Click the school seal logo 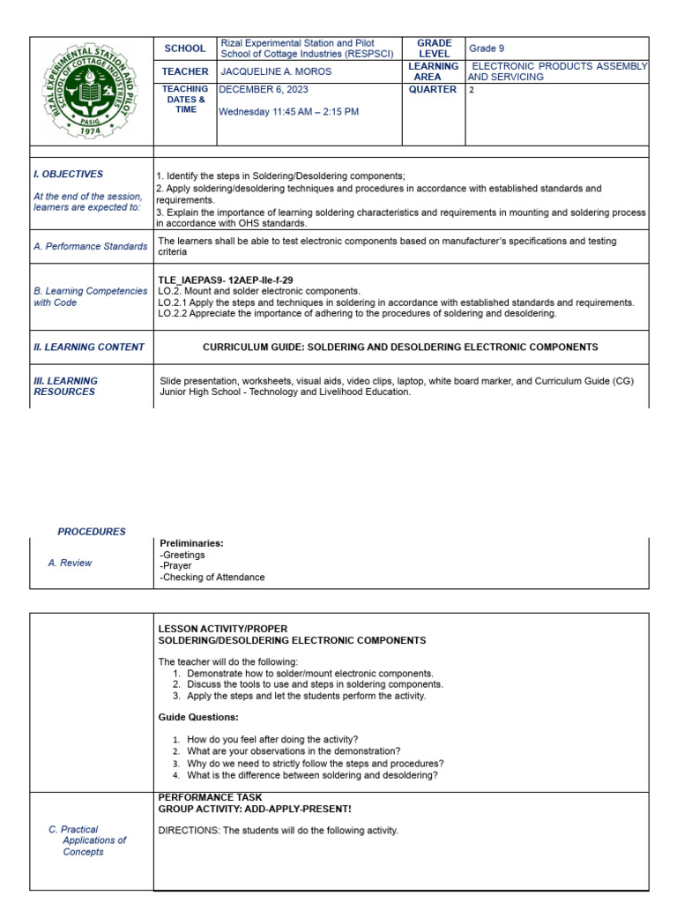coord(92,89)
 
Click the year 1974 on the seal coord(92,130)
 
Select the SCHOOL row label coord(185,49)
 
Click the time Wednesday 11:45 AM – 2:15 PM coord(288,112)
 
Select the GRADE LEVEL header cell coord(434,49)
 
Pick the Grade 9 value coord(487,49)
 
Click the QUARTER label coord(433,89)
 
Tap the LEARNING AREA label coord(434,71)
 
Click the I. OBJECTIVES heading coord(68,175)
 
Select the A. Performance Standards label coord(90,247)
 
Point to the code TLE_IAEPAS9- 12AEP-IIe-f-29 coord(226,280)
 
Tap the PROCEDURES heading coord(92,532)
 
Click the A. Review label coord(70,563)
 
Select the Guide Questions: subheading coord(198,717)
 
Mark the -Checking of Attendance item coord(212,578)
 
